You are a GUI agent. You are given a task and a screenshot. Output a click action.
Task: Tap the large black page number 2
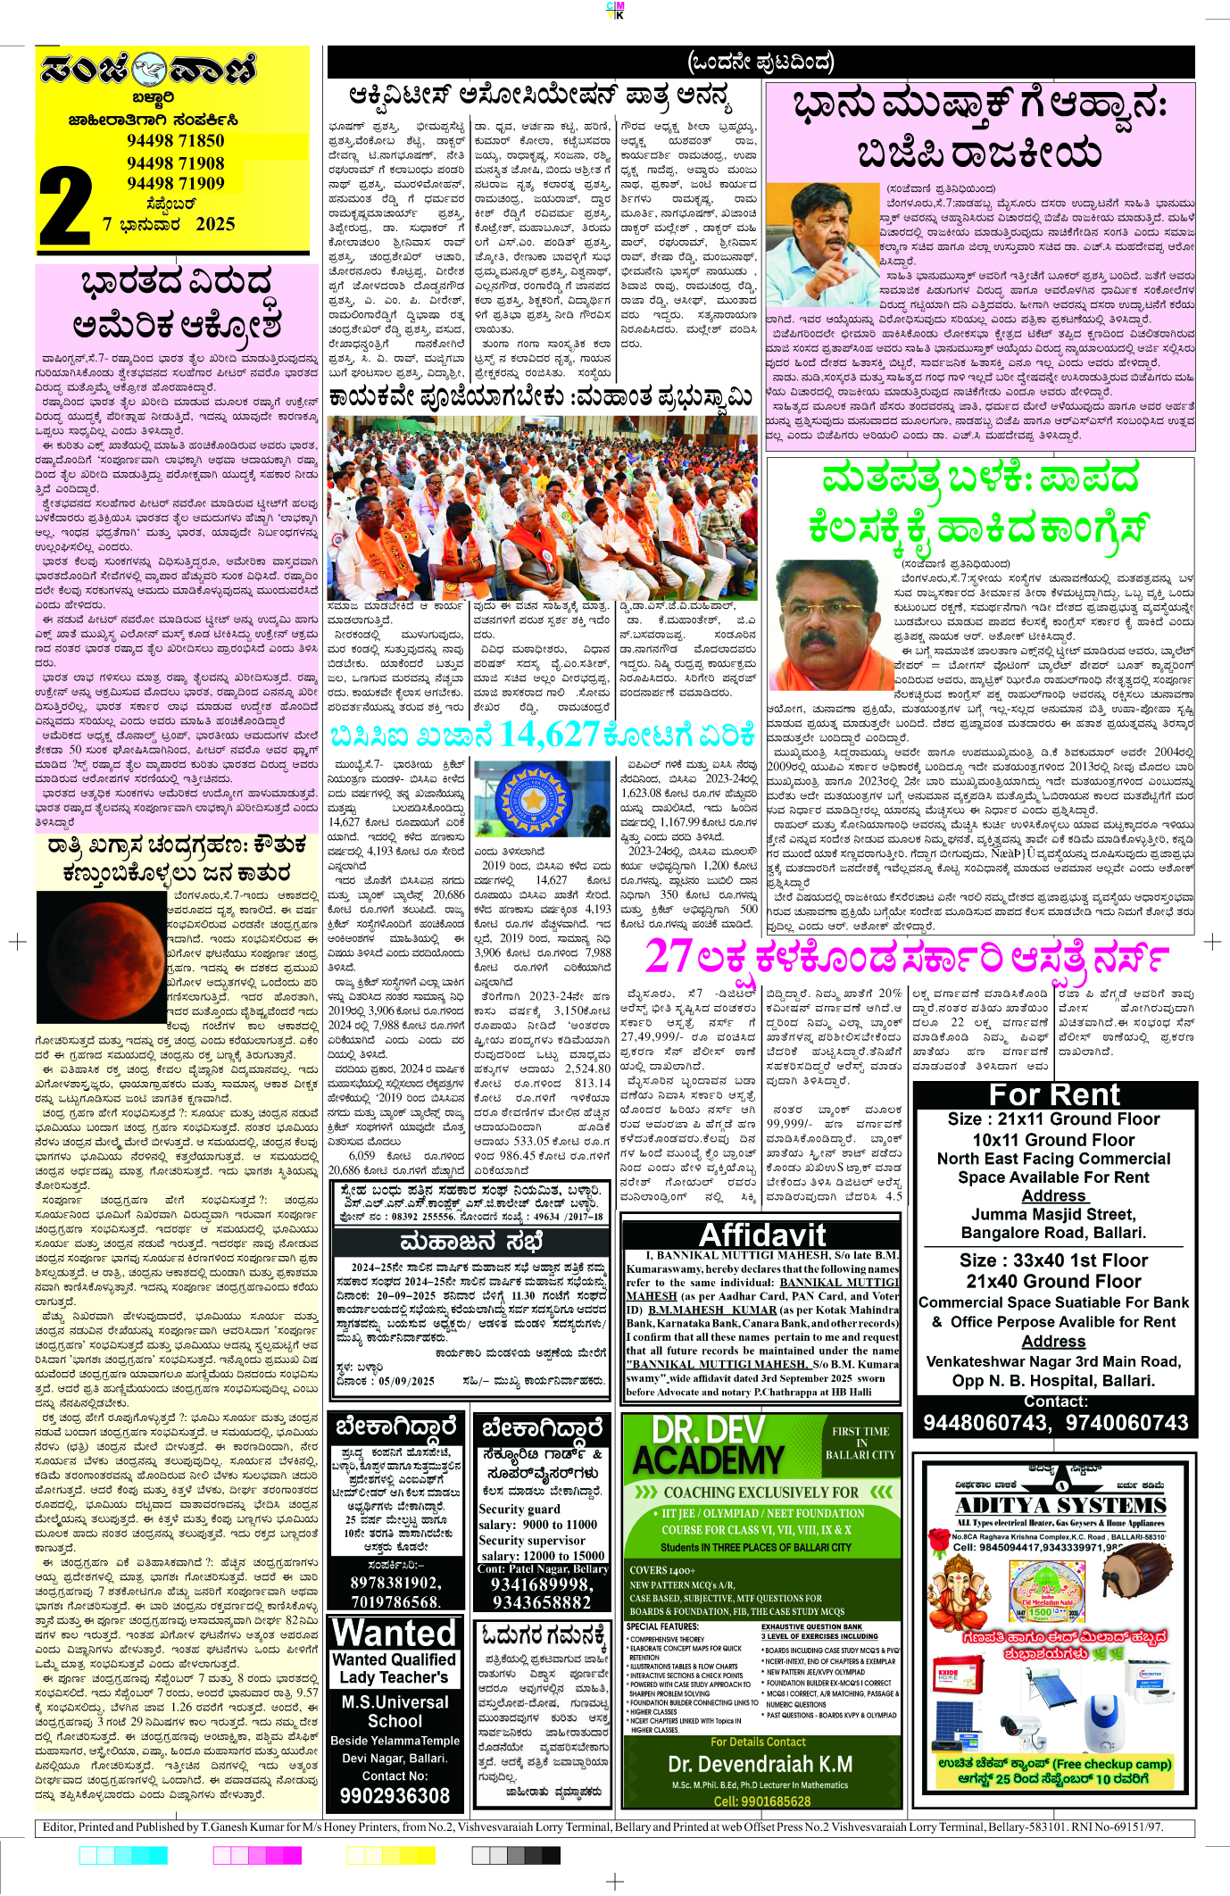tap(66, 209)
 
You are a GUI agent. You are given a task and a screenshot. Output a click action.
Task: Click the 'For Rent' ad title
tap(1053, 1095)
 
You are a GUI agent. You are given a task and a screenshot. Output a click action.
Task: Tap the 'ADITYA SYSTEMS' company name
tap(1060, 1505)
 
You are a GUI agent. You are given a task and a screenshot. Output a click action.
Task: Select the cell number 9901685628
tap(761, 1800)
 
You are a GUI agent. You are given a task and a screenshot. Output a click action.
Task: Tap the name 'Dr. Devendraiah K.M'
tap(760, 1764)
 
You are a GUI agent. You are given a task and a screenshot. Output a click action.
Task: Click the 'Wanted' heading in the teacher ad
tap(394, 1633)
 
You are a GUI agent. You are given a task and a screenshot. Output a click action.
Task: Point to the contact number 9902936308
tap(395, 1795)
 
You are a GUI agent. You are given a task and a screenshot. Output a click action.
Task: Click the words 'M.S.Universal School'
tap(395, 1711)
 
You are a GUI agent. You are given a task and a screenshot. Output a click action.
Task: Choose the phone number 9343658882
tap(541, 1601)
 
